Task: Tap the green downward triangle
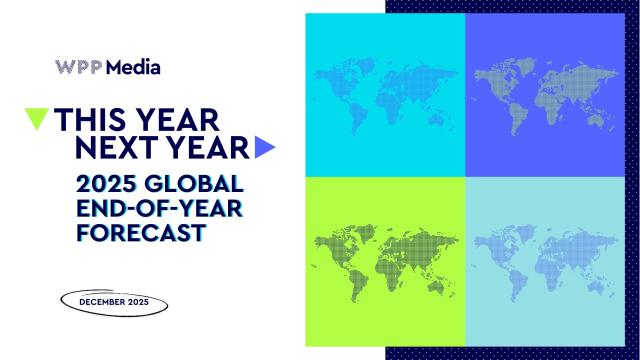click(x=37, y=119)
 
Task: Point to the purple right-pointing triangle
click(x=264, y=148)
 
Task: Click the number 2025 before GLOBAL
click(x=104, y=185)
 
